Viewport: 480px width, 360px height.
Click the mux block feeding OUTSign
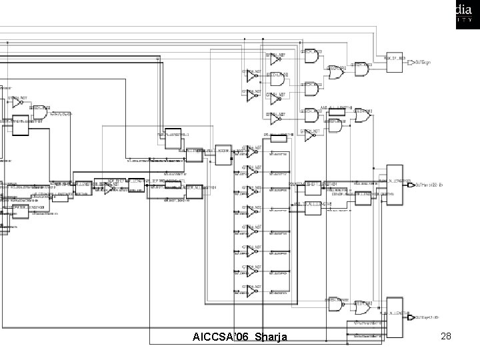(x=394, y=59)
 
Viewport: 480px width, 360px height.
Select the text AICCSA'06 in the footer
(x=219, y=337)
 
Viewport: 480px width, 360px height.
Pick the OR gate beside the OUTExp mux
(x=363, y=310)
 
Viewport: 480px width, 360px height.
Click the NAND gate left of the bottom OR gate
(x=333, y=304)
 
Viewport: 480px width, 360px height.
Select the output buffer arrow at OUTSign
(x=410, y=62)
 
